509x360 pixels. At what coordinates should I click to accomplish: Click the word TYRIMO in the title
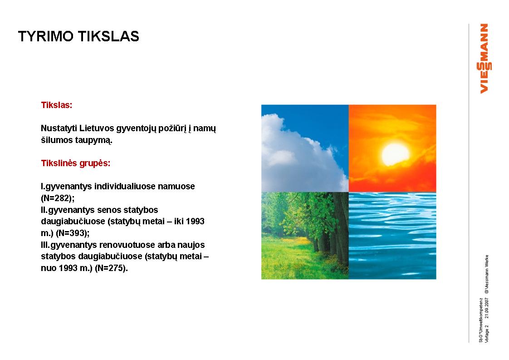pos(46,36)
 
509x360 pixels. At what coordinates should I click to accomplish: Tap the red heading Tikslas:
pos(57,105)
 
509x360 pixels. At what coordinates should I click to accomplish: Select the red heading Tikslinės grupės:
pos(76,163)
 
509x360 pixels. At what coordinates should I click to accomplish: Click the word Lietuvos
pos(97,128)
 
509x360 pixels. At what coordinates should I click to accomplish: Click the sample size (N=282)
pos(57,198)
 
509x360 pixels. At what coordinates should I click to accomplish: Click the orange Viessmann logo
pos(484,59)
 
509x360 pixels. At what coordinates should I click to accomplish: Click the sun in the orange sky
pos(395,155)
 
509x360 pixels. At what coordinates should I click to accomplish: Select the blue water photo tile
pos(392,236)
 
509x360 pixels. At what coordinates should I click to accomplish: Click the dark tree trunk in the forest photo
pos(341,227)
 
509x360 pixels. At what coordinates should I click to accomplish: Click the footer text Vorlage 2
pos(487,334)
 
